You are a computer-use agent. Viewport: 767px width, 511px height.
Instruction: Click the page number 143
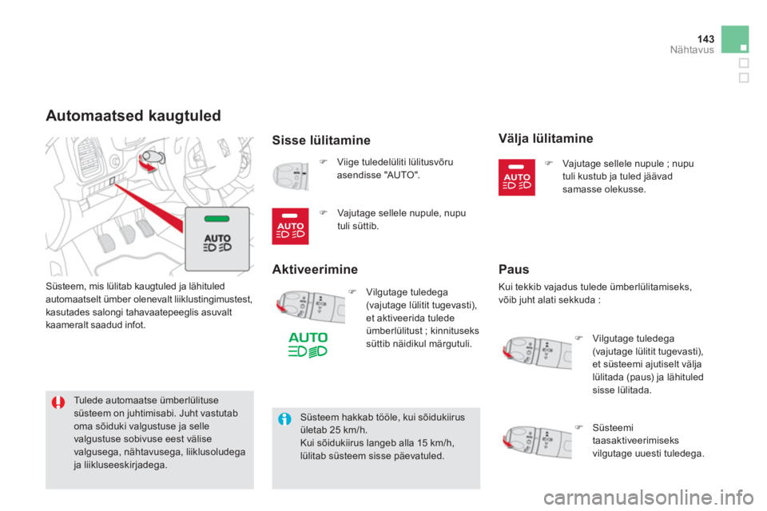[705, 38]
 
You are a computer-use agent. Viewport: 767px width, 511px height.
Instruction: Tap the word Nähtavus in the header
[692, 50]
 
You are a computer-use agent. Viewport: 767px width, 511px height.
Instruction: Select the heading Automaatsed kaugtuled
[133, 116]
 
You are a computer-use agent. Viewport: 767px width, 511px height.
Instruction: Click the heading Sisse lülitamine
[321, 141]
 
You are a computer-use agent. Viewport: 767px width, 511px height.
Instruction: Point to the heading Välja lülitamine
[546, 139]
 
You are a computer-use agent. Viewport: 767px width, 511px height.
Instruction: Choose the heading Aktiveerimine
[315, 269]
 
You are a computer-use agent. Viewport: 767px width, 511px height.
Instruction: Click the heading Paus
[514, 269]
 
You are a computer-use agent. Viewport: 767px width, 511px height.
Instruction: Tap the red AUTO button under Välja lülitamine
[517, 177]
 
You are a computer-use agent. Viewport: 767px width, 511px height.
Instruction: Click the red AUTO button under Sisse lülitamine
[290, 226]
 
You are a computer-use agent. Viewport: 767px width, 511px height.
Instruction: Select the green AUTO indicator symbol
[308, 345]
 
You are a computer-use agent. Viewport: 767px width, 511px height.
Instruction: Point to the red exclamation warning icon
[58, 402]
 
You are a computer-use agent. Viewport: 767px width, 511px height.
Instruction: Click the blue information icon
[284, 419]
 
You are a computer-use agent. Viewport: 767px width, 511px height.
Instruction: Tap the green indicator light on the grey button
[217, 219]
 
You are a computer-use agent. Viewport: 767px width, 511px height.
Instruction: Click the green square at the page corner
[735, 39]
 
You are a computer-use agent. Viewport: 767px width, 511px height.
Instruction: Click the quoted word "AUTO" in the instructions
[402, 175]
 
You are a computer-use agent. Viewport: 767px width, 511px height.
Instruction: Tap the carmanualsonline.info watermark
[648, 497]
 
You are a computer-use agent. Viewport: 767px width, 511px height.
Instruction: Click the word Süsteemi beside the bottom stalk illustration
[613, 428]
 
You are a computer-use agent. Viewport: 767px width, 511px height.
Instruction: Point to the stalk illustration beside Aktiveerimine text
[310, 307]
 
